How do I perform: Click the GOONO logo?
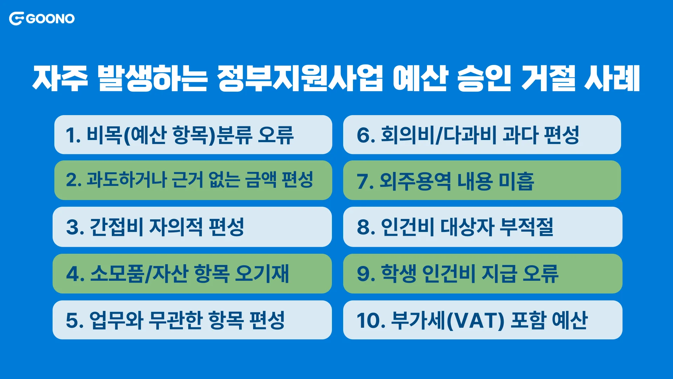click(x=42, y=19)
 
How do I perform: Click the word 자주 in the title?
click(x=60, y=78)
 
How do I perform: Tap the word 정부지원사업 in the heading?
click(x=300, y=78)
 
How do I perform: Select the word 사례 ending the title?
click(x=612, y=78)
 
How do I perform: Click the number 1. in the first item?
click(x=73, y=135)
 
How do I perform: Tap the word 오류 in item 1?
click(x=276, y=135)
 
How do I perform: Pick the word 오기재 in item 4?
click(x=261, y=273)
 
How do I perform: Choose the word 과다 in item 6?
click(x=520, y=135)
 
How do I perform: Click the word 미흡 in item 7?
click(x=516, y=181)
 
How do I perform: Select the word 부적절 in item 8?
click(x=526, y=227)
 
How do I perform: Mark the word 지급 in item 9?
click(x=499, y=273)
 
